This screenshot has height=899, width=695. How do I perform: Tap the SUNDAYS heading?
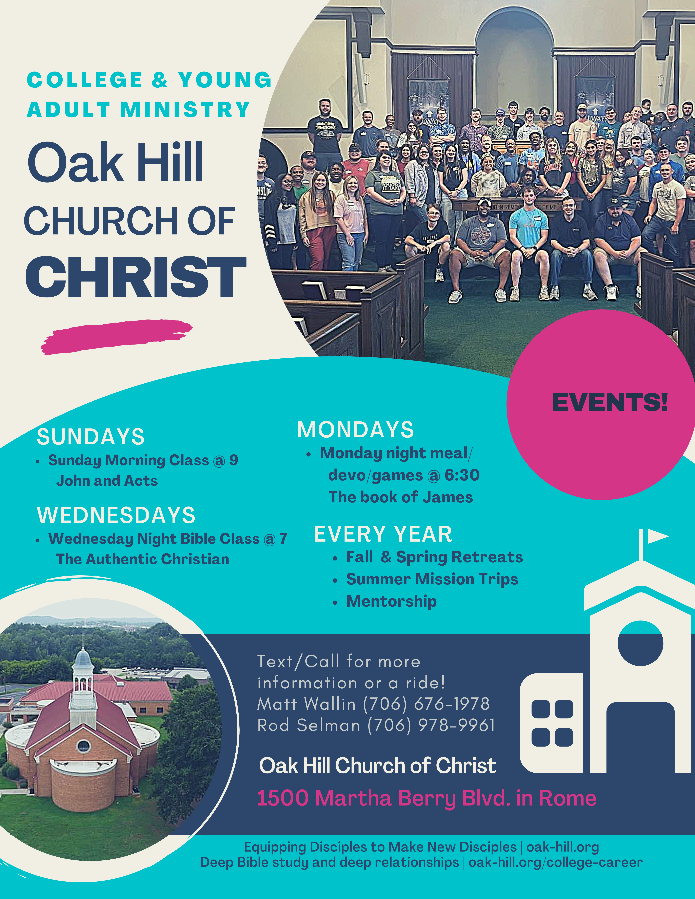coord(91,437)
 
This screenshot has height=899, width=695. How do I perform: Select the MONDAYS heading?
coord(355,430)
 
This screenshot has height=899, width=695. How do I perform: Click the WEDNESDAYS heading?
coord(116,515)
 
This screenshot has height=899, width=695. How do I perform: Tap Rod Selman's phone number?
coord(431,725)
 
